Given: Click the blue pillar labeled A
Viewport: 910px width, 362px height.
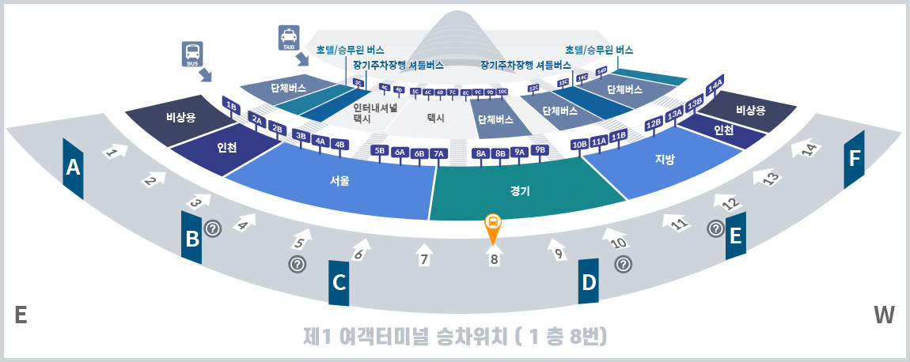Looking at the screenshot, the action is coord(74,168).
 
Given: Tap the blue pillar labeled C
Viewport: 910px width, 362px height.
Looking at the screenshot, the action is coord(339,281).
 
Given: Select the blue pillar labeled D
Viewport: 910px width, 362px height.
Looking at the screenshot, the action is coord(588,281).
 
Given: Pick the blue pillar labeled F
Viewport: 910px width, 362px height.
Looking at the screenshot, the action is coord(854,159).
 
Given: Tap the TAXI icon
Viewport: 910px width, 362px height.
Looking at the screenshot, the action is coord(289,36).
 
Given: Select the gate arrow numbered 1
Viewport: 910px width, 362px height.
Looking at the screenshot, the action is coord(114,151).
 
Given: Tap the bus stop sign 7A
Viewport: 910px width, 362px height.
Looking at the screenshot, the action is coord(439,153).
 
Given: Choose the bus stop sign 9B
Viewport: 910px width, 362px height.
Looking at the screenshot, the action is coord(540,149).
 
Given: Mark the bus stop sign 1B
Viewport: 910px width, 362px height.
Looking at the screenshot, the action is coord(231,106).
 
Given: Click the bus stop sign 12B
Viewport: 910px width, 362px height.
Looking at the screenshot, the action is coord(653,123).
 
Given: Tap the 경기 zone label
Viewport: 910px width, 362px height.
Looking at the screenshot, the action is coord(520,190).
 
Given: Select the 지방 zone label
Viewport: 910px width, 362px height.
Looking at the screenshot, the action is coord(665,159).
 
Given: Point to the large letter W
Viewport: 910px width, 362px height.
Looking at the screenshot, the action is coord(884,315).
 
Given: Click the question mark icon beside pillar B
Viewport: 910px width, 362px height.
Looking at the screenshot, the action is coord(213,228).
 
